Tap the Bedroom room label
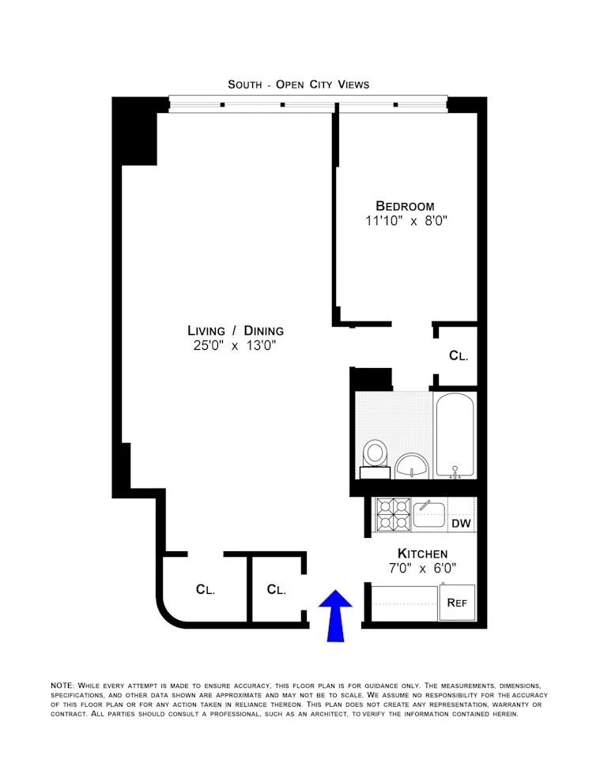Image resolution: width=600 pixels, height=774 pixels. (x=405, y=206)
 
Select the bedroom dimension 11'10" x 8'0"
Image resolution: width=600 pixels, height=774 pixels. (x=406, y=222)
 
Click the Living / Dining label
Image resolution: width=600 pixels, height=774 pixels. (x=235, y=330)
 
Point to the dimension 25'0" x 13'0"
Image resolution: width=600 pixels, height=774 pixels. (x=235, y=346)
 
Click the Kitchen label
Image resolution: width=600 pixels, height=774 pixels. (x=422, y=554)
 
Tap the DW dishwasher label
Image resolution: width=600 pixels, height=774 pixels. (x=460, y=524)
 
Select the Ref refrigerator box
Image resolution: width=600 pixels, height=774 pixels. (x=458, y=603)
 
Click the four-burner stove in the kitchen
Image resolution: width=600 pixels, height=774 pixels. (x=393, y=515)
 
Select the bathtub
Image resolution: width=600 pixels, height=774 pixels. (x=455, y=437)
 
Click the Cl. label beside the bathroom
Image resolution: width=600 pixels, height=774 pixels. (x=458, y=356)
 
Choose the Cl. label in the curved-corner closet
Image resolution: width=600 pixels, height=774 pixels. (x=206, y=589)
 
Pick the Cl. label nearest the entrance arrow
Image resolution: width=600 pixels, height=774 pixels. (x=276, y=589)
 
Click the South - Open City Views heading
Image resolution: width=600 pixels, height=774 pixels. (x=298, y=84)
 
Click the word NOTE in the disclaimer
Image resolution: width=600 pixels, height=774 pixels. (x=62, y=685)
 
